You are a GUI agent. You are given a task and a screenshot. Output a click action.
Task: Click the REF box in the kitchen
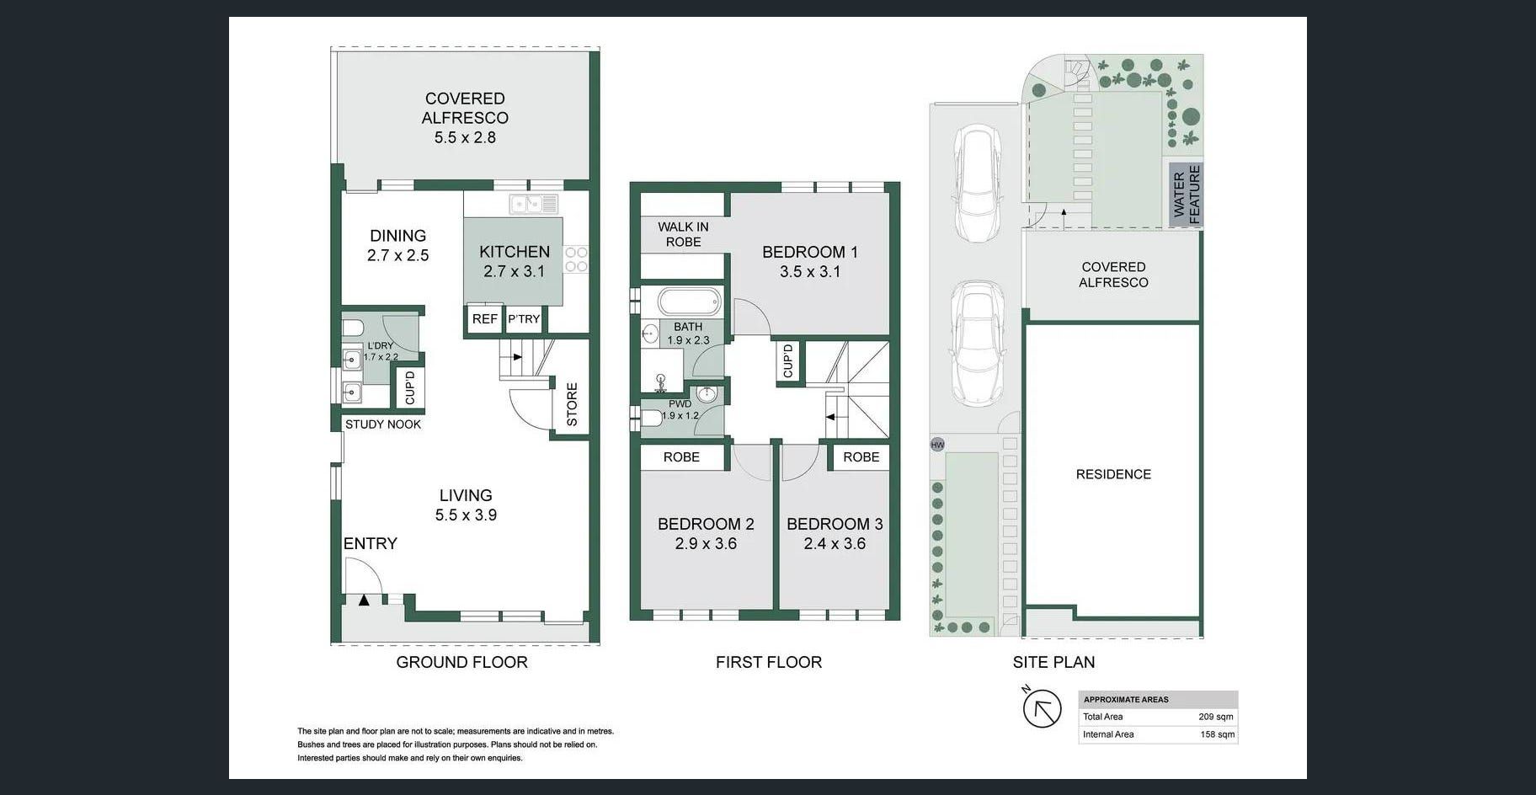click(484, 319)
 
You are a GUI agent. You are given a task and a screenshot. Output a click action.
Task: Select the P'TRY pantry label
click(524, 319)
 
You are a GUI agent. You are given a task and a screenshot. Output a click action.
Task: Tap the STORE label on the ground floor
click(572, 404)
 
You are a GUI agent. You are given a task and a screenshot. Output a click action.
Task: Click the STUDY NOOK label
click(383, 424)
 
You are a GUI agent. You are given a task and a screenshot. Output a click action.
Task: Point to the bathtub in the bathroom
click(689, 301)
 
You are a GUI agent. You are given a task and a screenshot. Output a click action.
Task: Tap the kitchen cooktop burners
click(576, 259)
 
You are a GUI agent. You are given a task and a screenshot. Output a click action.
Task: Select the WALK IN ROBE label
click(683, 234)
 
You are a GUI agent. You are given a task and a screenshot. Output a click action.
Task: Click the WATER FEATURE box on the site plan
click(1186, 195)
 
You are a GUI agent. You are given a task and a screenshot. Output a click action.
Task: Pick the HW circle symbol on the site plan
click(937, 445)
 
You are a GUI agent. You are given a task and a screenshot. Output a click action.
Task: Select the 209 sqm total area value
click(1216, 717)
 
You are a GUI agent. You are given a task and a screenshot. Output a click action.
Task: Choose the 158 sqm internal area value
click(1218, 734)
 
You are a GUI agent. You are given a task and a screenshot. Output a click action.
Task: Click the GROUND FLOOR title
click(461, 662)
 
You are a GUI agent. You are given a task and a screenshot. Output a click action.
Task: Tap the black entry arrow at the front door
click(364, 600)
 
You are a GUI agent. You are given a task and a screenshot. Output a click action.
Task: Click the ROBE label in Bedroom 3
click(861, 456)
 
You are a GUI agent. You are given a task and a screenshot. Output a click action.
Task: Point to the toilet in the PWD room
click(651, 418)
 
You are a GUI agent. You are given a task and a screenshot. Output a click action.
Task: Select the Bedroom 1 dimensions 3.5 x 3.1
click(809, 271)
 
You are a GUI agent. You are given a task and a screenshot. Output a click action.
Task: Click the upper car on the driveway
click(976, 184)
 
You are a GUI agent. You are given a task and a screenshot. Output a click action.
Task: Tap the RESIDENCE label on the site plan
click(1113, 474)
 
